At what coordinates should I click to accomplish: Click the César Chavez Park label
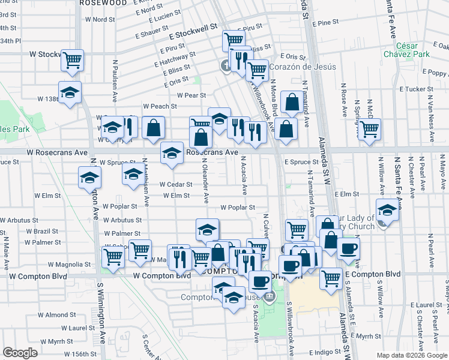point(414,50)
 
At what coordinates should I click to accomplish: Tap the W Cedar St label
point(176,185)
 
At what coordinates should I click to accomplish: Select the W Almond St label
point(60,315)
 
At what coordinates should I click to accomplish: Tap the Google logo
point(20,353)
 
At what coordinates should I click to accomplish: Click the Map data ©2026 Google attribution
point(411,355)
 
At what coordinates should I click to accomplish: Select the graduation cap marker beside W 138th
point(70,92)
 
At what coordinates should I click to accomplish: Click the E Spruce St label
point(301,162)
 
